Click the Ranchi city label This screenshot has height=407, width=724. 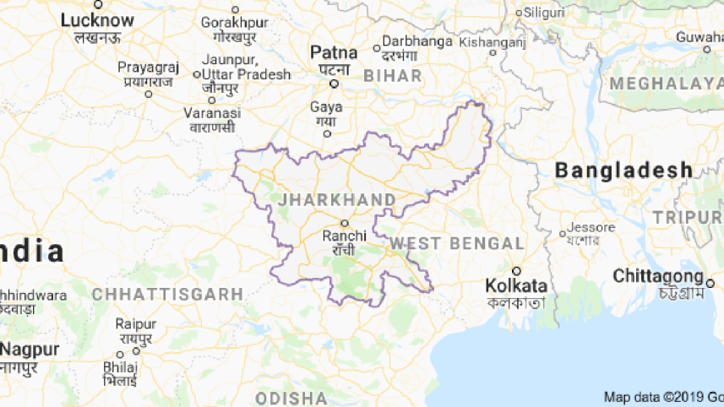pos(344,236)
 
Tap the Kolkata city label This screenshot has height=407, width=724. pos(516,285)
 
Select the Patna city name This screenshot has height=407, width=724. pos(334,52)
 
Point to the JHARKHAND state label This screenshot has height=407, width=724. pos(336,200)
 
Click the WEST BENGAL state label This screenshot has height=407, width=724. pos(456,243)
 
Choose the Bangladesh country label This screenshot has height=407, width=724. pos(623,171)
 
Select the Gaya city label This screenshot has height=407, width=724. pos(326,107)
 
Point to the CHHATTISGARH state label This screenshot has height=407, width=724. pos(167,294)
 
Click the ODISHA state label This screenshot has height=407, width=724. pos(291,397)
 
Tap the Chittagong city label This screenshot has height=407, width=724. pos(657,276)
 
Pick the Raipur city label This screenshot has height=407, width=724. pos(136,324)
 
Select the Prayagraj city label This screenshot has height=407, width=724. pos(148,66)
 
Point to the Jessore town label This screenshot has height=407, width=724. pos(586,227)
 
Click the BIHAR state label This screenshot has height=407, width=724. pos(392,76)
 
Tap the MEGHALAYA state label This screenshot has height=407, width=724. pos(667,83)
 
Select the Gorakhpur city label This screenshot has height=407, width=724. pos(234,23)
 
